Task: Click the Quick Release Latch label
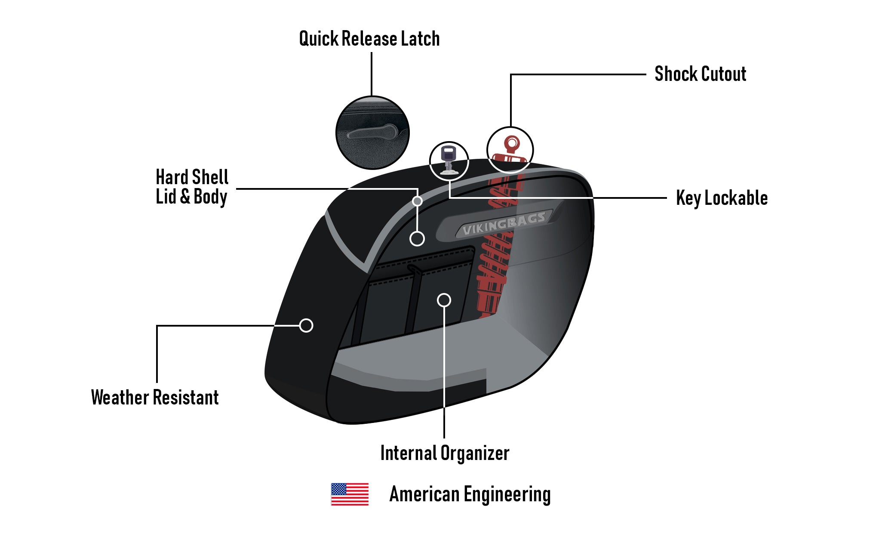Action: pyautogui.click(x=369, y=39)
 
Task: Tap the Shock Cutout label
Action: pyautogui.click(x=700, y=74)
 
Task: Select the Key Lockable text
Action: pyautogui.click(x=722, y=198)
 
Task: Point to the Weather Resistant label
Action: pyautogui.click(x=155, y=398)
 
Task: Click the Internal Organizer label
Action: pyautogui.click(x=445, y=453)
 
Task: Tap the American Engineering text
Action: pyautogui.click(x=470, y=494)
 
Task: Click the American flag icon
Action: pyautogui.click(x=350, y=494)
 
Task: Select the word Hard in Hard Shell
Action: pyautogui.click(x=172, y=177)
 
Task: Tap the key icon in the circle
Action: pyautogui.click(x=449, y=159)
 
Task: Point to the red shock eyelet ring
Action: pyautogui.click(x=512, y=142)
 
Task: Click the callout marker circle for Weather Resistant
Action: pyautogui.click(x=306, y=325)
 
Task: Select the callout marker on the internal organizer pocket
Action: pyautogui.click(x=444, y=300)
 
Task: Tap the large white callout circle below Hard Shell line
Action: pyautogui.click(x=417, y=238)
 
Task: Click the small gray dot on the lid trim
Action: pyautogui.click(x=417, y=201)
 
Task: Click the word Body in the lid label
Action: pyautogui.click(x=210, y=197)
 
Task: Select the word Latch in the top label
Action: pyautogui.click(x=420, y=39)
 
